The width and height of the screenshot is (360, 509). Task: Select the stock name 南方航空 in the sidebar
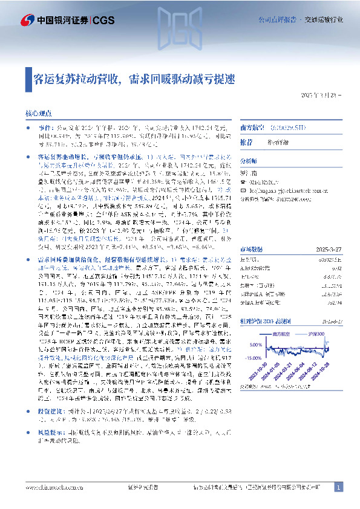pos(254,128)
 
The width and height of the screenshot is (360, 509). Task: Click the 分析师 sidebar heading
pos(249,161)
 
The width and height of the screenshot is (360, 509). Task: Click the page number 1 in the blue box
pos(339,487)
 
